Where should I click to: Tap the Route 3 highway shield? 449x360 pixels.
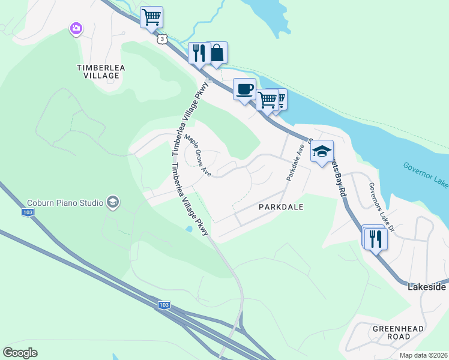click(162, 38)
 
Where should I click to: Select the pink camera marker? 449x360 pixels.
click(76, 28)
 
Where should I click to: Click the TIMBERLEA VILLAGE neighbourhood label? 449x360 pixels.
click(101, 72)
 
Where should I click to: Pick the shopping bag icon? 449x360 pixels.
click(216, 53)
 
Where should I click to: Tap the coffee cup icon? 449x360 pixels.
click(244, 89)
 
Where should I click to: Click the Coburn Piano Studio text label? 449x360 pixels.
click(65, 203)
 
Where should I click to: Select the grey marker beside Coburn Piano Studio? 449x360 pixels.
click(112, 203)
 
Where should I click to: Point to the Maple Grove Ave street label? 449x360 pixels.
click(197, 155)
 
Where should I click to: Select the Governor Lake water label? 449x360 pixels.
click(425, 175)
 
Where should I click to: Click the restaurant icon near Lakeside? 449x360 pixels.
click(376, 239)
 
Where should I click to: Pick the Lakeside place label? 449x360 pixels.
click(427, 287)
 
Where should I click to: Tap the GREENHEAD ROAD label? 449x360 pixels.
click(398, 333)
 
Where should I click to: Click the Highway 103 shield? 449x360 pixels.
click(164, 305)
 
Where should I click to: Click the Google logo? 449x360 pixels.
click(20, 353)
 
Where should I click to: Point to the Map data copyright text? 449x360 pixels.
click(423, 355)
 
